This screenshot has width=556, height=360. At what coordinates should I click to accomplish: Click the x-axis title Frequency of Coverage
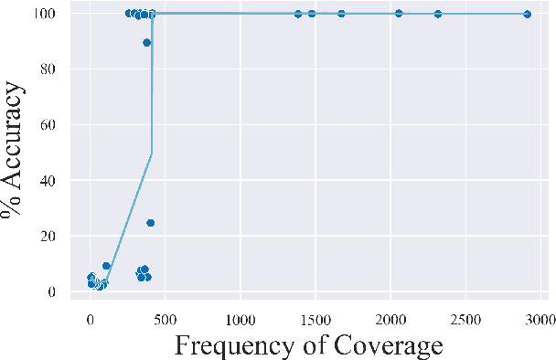point(308,346)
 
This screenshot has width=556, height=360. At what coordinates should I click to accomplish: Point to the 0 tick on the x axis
point(90,318)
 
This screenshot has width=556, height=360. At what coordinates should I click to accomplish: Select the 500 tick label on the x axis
point(165,318)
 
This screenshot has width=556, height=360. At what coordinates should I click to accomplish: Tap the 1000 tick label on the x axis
point(240,318)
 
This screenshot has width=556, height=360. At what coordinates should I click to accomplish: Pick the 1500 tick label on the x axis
point(315,318)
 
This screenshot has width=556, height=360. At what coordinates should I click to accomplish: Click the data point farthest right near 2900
point(528,14)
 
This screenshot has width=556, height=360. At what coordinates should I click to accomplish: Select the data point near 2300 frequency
point(438,14)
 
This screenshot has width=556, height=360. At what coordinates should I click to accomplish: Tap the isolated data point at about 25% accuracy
point(150,222)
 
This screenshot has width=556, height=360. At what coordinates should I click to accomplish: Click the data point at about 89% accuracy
point(146,42)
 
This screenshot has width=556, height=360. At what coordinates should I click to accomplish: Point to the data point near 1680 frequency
point(341,14)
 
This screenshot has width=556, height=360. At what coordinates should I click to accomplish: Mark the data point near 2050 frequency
point(399,14)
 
